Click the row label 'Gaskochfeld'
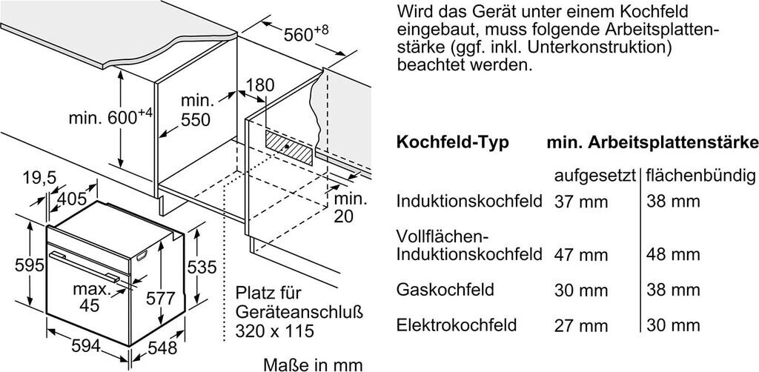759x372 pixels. (445, 288)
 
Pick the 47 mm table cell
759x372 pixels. (580, 255)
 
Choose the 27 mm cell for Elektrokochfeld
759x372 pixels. (580, 325)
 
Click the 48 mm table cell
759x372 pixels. (672, 255)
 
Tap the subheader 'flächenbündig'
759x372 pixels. (700, 176)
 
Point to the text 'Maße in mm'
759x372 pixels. (314, 364)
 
